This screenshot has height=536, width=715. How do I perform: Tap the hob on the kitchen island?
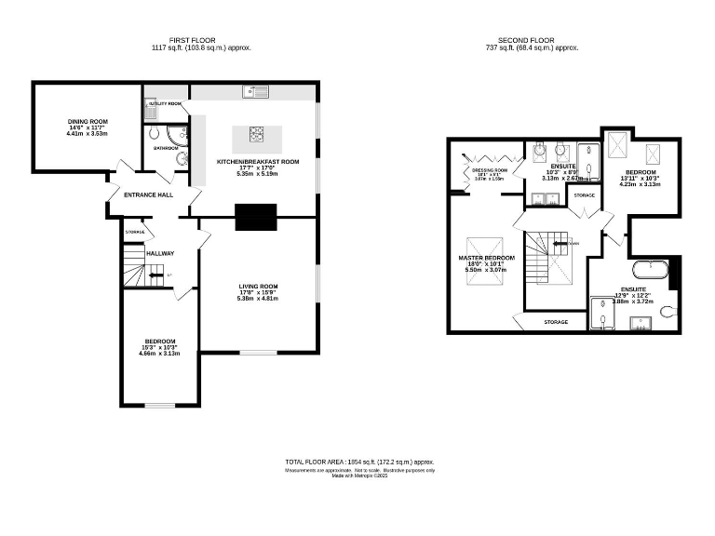tap(256, 134)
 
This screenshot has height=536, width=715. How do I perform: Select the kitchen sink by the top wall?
tap(255, 92)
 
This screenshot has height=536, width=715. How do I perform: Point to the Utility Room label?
tap(164, 104)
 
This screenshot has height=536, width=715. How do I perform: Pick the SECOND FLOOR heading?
tap(526, 41)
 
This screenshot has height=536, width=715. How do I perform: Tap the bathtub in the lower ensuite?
tap(651, 271)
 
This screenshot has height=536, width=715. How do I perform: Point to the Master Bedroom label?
tap(486, 257)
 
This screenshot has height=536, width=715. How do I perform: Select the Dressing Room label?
tap(489, 171)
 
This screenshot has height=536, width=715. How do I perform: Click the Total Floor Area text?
tap(358, 462)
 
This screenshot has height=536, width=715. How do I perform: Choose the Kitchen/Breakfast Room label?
tap(258, 162)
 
